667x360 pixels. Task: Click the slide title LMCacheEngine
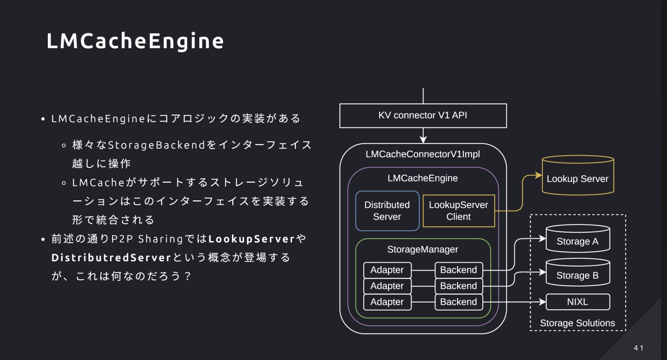[x=135, y=41]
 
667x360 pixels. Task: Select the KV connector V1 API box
[x=423, y=116]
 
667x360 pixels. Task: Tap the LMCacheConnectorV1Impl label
[x=423, y=154]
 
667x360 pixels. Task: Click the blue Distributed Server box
[x=387, y=211]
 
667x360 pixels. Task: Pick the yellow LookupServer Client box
[x=459, y=211]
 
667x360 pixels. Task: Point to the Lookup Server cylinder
[x=578, y=175]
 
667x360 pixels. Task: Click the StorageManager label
[x=423, y=249]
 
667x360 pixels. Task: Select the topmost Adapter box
[x=387, y=270]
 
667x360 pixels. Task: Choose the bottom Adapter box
[x=387, y=302]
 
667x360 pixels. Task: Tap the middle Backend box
[x=459, y=286]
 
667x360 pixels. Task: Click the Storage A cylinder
[x=578, y=238]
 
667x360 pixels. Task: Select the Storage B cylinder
[x=578, y=272]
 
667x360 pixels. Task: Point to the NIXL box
[x=578, y=302]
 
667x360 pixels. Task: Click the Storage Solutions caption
[x=578, y=323]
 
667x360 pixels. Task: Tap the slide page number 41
[x=639, y=348]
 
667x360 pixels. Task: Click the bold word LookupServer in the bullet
[x=252, y=239]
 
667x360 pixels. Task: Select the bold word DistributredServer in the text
[x=112, y=257]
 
